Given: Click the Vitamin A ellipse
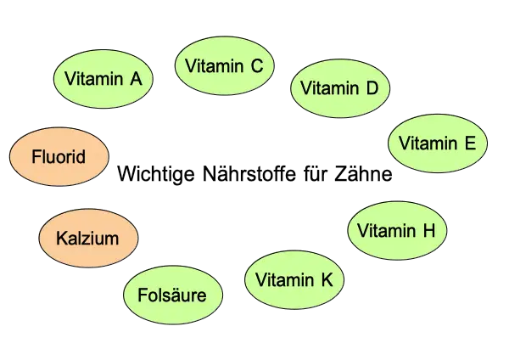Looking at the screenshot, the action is click(103, 79).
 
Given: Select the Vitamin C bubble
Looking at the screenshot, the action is click(224, 65).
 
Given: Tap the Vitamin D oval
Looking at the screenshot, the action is click(340, 88).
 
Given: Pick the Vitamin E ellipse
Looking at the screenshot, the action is click(438, 143).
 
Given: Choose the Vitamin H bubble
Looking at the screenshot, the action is click(397, 230).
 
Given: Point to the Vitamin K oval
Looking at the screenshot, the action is click(294, 279).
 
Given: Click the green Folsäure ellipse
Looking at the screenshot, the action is click(173, 295).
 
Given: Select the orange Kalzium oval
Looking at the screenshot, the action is click(88, 238).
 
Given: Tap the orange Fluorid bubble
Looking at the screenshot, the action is click(59, 156).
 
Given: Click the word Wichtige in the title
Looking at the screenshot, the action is click(156, 174).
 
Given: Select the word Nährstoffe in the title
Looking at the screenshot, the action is click(249, 173).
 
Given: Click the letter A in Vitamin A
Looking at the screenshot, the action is click(136, 79).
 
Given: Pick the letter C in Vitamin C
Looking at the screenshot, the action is click(257, 65).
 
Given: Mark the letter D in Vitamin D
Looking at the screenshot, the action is click(372, 87).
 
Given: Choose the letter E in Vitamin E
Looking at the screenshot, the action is click(470, 143).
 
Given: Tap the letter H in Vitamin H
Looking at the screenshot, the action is click(429, 230).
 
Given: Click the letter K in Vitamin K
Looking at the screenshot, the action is click(327, 279).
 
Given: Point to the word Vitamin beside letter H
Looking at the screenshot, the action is click(386, 230).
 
